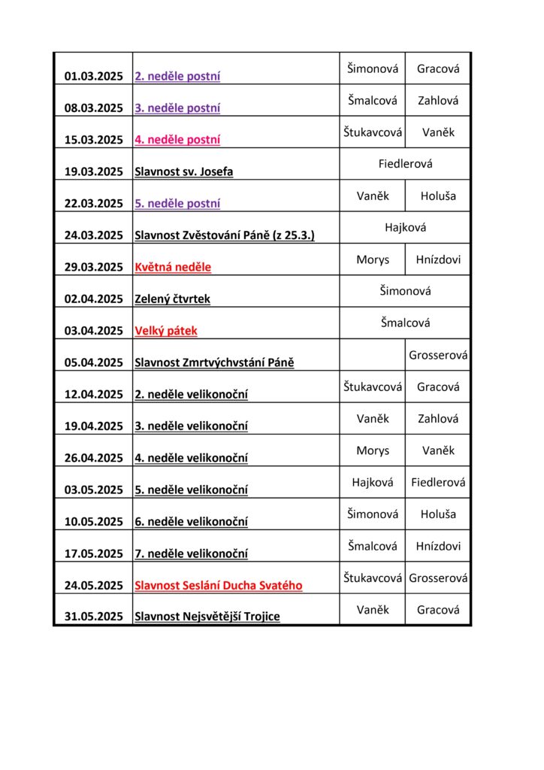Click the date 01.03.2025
coord(93,76)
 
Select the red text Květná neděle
coord(173,267)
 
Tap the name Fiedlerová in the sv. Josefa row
coord(405,163)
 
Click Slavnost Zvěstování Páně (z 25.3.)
coord(224,235)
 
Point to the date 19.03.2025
coord(93,171)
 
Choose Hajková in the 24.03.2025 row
coord(405,227)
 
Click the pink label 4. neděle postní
coord(177,140)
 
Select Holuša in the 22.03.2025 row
coord(438,196)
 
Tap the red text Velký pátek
coord(166,331)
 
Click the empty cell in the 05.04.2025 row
coord(372,355)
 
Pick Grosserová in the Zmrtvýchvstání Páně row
coord(438,355)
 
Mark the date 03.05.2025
coord(93,490)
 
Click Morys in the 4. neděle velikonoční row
coord(373,450)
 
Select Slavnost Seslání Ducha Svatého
coord(219,585)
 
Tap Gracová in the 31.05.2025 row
coord(438,610)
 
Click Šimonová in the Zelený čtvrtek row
coord(405,291)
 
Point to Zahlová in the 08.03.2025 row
coord(438,100)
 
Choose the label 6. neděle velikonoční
coord(191,522)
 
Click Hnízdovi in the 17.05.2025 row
coord(438,546)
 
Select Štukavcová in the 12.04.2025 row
coord(373,387)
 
